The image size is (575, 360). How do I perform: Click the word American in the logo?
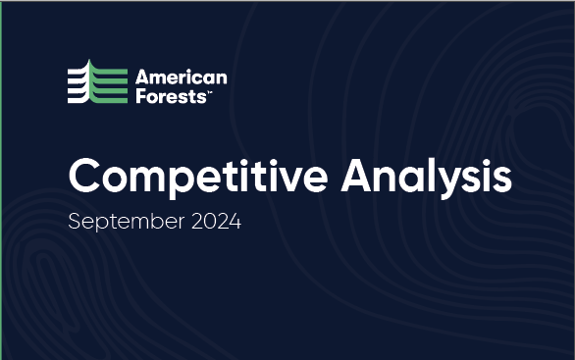point(181,77)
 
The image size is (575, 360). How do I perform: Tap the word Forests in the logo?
point(171,95)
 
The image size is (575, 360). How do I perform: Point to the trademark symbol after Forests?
point(208,91)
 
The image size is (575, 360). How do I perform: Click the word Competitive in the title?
point(197,178)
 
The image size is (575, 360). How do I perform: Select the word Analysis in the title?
point(426,178)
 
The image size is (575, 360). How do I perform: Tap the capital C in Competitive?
point(86,177)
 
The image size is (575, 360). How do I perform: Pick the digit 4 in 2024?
point(234,221)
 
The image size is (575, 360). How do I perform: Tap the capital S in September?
point(75,221)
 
